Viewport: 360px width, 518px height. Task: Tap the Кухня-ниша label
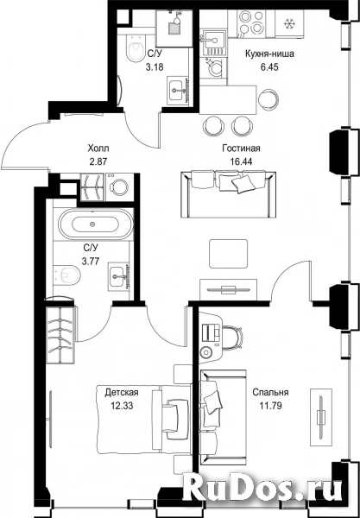269,54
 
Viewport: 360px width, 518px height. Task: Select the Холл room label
98,148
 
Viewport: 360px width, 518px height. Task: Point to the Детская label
121,393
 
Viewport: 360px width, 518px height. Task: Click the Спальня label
270,393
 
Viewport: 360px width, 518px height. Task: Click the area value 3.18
155,67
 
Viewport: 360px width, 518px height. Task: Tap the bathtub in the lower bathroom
96,224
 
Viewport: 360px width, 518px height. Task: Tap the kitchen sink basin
213,41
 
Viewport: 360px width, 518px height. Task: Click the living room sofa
229,194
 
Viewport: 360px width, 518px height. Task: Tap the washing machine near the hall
119,186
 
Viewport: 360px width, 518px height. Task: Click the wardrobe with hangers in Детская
60,335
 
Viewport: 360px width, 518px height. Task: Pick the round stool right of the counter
268,99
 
